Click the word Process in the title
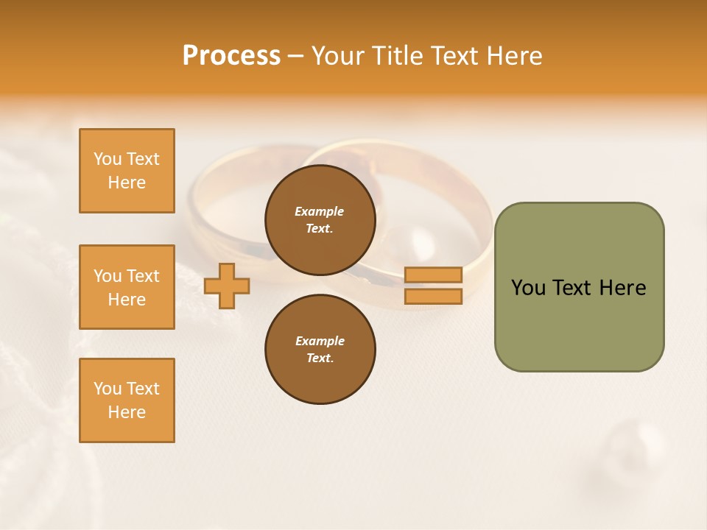pyautogui.click(x=231, y=56)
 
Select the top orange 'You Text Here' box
pyautogui.click(x=127, y=171)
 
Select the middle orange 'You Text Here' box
pyautogui.click(x=127, y=287)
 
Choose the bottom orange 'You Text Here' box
pyautogui.click(x=127, y=400)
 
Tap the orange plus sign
pyautogui.click(x=227, y=286)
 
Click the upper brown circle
pyautogui.click(x=320, y=219)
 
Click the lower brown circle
pyautogui.click(x=320, y=349)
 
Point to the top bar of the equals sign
pyautogui.click(x=433, y=275)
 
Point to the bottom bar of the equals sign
pyautogui.click(x=433, y=296)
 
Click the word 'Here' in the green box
pyautogui.click(x=622, y=288)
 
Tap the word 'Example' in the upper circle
pyautogui.click(x=320, y=211)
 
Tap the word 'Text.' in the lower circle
pyautogui.click(x=320, y=358)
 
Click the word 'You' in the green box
pyautogui.click(x=528, y=288)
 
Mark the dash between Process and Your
pyautogui.click(x=295, y=56)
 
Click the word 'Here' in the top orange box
pyautogui.click(x=127, y=183)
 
